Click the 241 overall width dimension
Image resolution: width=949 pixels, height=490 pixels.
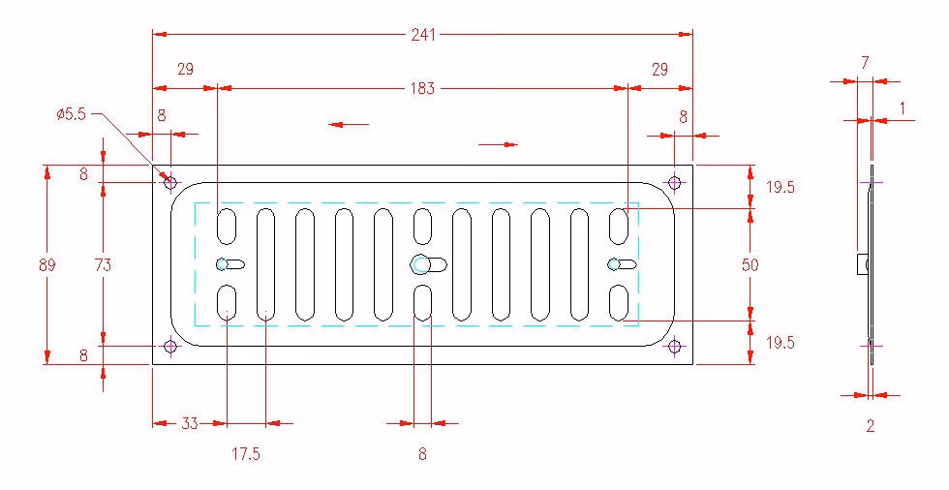[423, 35]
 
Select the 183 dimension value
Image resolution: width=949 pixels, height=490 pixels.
[422, 88]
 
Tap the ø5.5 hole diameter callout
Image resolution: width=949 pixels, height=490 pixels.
[72, 114]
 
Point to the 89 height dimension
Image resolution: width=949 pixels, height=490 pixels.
[47, 265]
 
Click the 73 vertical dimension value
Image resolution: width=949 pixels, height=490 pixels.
[103, 265]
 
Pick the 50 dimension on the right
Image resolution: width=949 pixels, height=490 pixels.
[750, 265]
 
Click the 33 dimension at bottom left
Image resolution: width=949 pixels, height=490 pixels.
[190, 423]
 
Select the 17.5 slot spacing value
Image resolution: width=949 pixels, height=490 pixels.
[246, 454]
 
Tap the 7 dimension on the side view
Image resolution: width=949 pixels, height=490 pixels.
[865, 62]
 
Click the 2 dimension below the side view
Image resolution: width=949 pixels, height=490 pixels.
[871, 426]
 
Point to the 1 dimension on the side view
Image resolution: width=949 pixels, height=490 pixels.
[903, 108]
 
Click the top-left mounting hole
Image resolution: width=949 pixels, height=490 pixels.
[170, 182]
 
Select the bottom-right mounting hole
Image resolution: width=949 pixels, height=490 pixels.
[674, 347]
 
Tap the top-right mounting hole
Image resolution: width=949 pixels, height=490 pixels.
[674, 182]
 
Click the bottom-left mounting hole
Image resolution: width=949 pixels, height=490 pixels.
[170, 347]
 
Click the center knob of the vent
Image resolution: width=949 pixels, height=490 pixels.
[420, 264]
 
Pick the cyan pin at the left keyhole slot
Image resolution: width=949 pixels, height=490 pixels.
[222, 263]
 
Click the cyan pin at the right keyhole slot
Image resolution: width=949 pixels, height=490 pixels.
[614, 263]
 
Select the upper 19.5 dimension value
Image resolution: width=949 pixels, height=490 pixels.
[781, 187]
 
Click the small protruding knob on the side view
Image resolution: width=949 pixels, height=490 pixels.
[863, 264]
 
